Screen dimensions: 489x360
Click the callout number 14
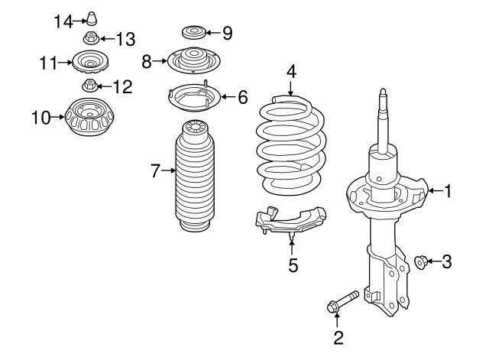63,22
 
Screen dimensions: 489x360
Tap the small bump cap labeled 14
92,18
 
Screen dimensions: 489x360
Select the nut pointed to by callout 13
91,38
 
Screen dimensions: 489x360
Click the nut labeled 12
90,86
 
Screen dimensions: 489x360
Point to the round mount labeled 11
90,63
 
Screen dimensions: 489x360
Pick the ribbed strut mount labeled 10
90,117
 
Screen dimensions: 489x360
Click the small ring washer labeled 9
193,32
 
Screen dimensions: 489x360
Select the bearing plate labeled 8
193,60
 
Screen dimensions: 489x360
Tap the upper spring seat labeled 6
194,98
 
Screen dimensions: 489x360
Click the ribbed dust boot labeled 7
195,177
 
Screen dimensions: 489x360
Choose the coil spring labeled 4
291,145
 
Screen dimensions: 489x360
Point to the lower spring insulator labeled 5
290,222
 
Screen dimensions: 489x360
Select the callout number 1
448,190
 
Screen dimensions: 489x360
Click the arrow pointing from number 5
292,248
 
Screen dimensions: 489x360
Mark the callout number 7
155,170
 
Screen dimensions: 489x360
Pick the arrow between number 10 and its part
58,117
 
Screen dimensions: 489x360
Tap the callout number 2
338,338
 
